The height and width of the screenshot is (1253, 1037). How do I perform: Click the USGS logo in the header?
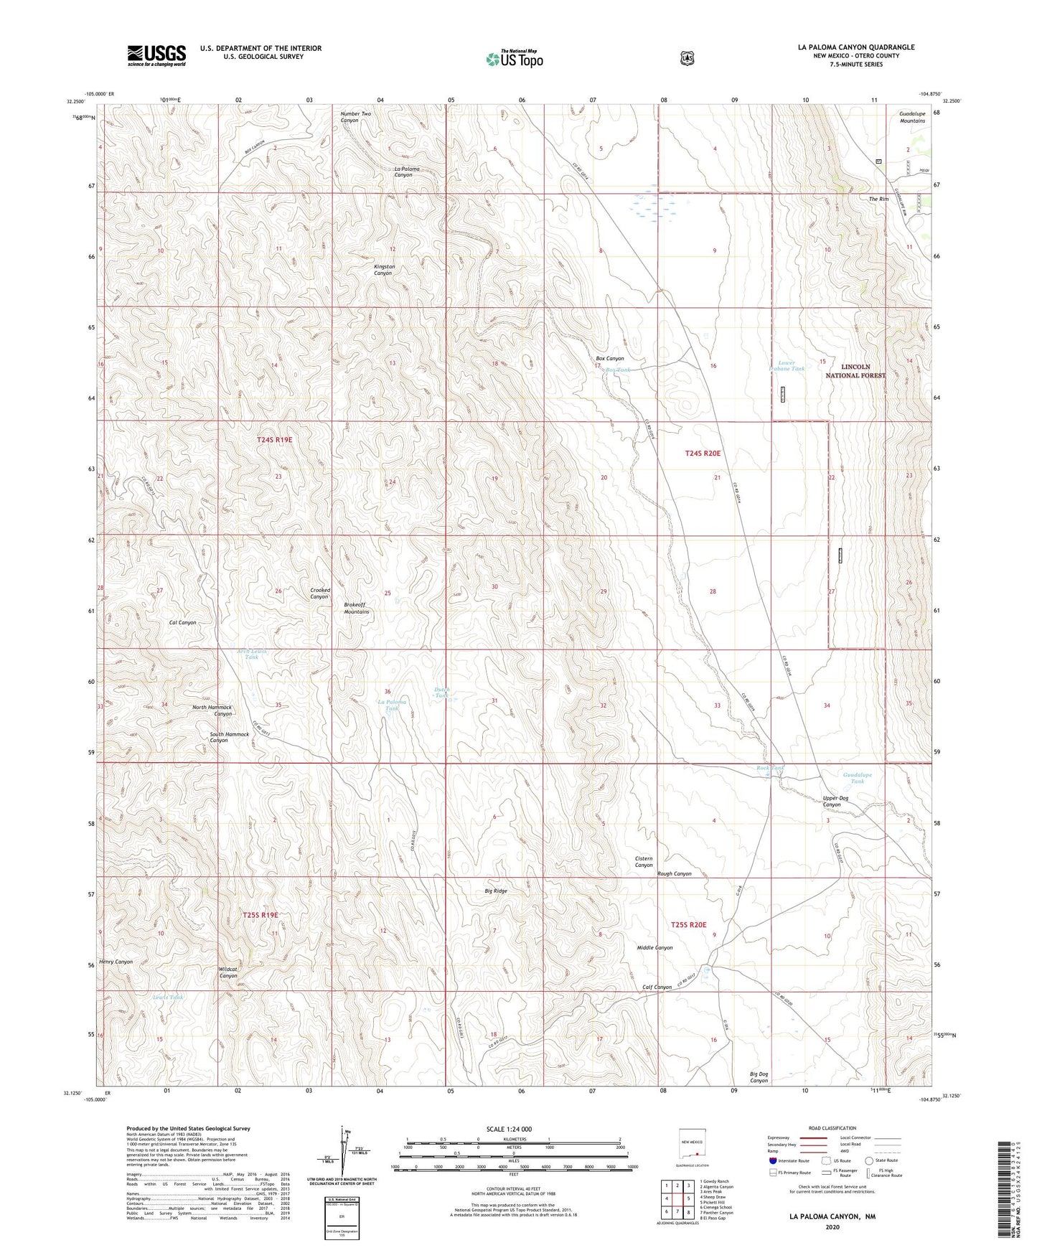coord(156,55)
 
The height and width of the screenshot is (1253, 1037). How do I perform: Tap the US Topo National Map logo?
coord(513,58)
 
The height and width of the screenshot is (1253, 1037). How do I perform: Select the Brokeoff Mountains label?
coord(356,608)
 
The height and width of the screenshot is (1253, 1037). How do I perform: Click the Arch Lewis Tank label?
coord(251,654)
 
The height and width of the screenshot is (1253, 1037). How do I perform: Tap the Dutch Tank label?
coord(442,693)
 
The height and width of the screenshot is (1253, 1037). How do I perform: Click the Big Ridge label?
coord(495,891)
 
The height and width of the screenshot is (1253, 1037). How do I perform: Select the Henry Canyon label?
coord(116,962)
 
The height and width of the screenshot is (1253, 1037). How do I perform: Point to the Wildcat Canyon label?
coord(227,972)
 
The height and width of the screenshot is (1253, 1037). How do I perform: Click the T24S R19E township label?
coord(274,439)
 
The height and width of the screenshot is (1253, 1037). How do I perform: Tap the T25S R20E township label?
coord(688,925)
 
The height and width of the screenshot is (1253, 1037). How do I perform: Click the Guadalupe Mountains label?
coord(911,117)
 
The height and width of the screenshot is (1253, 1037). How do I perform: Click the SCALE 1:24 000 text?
coord(509,1129)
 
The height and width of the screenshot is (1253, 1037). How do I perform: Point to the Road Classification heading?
coord(832,1128)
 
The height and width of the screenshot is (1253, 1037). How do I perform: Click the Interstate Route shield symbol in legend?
coord(772,1160)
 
